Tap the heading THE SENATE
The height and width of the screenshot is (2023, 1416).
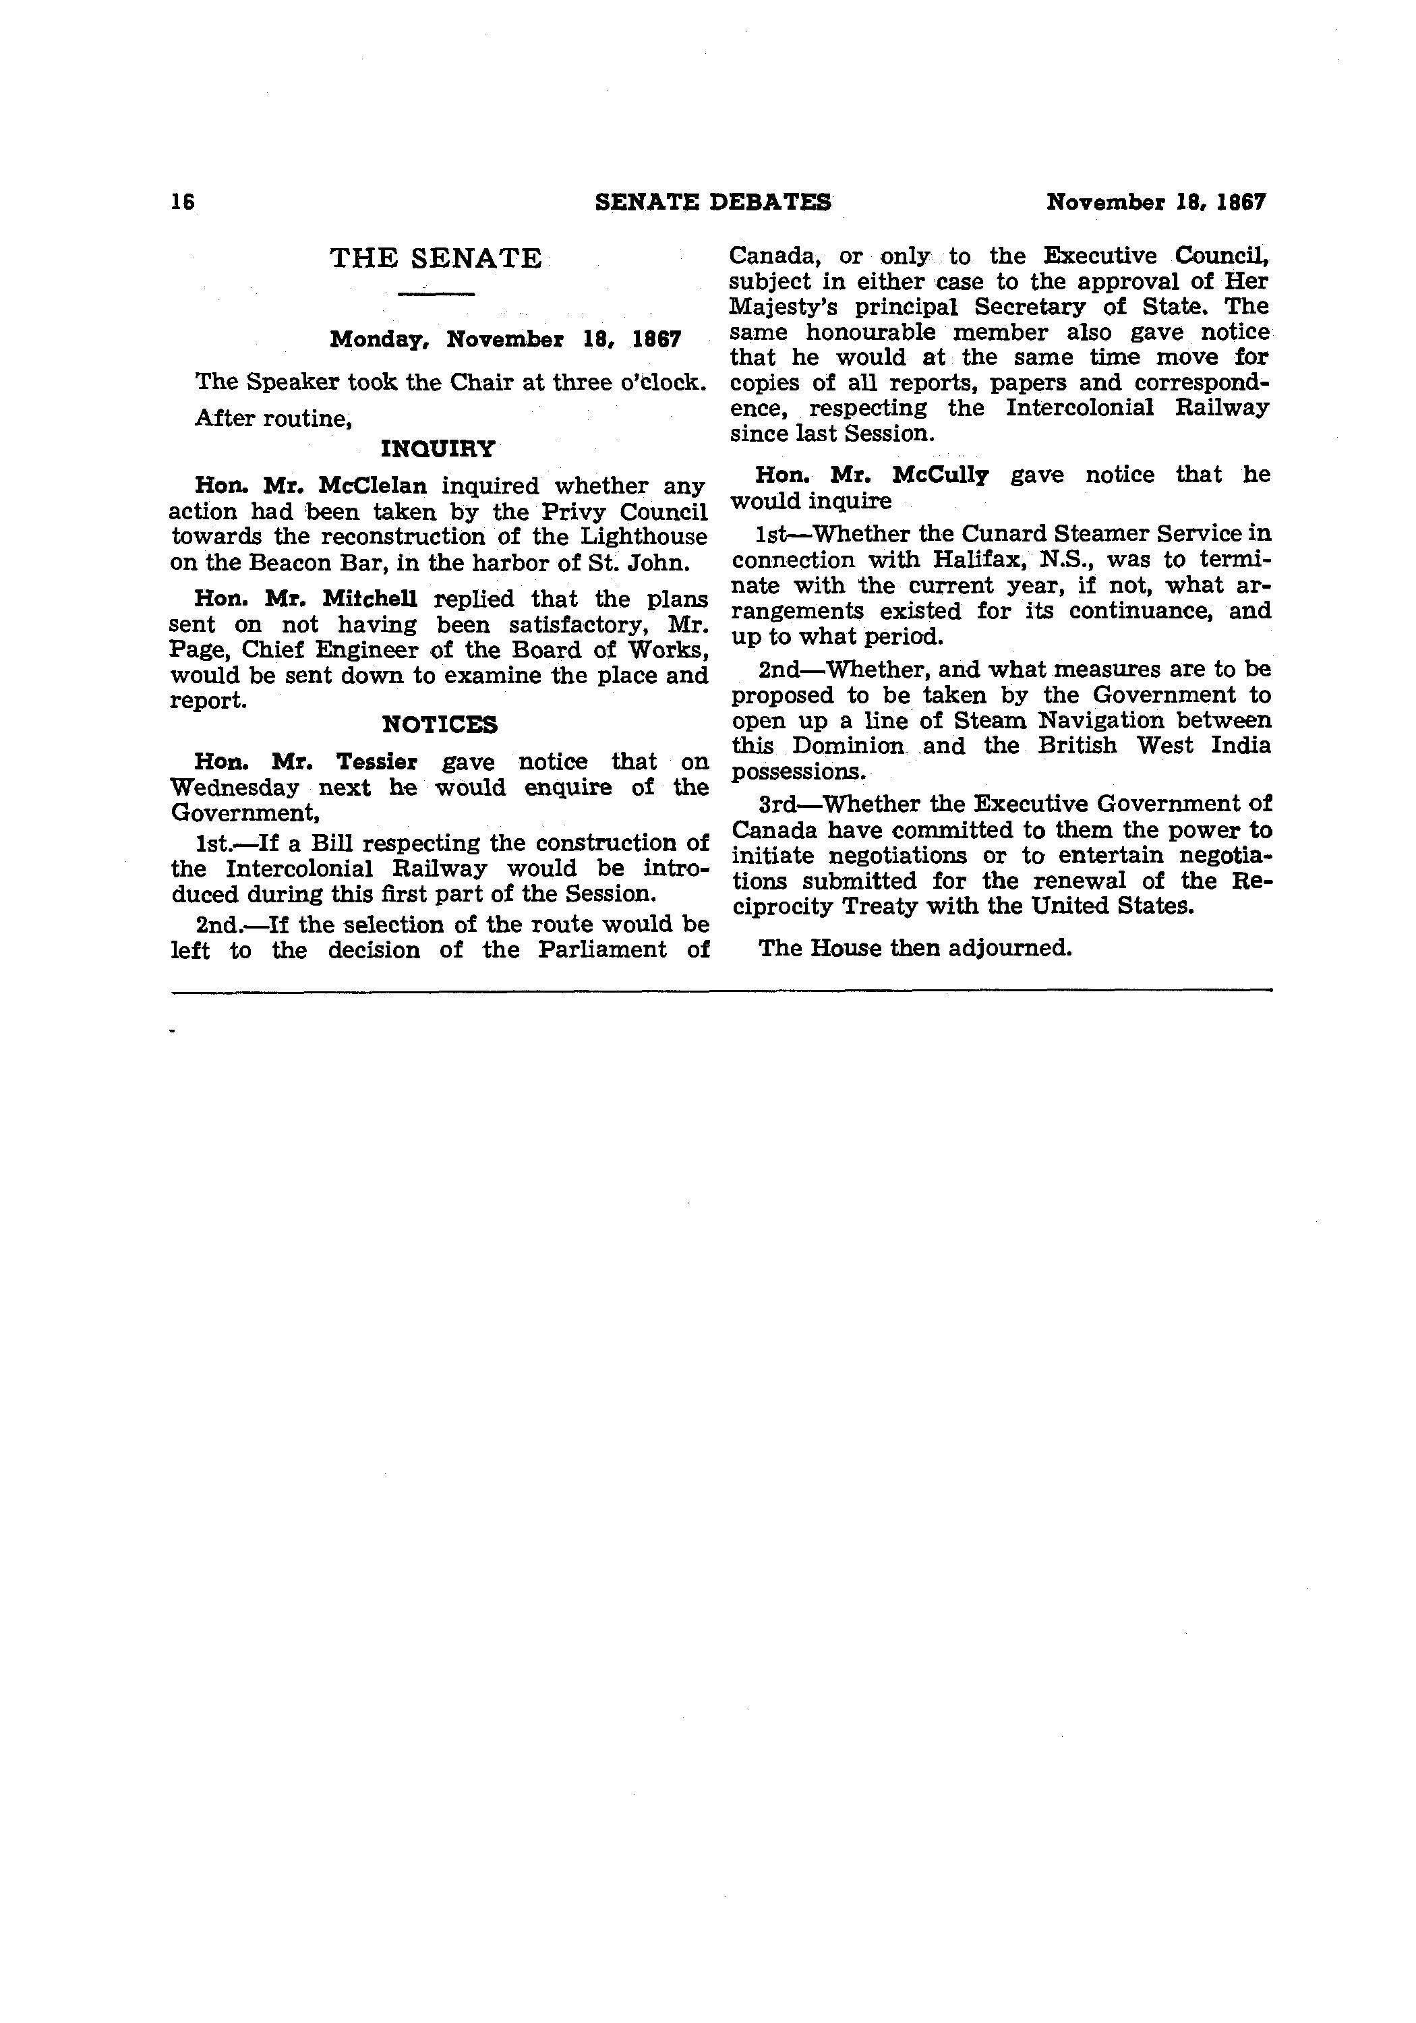[x=436, y=259]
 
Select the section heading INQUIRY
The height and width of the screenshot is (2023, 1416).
[x=438, y=449]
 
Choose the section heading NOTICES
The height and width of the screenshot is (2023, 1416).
[x=439, y=725]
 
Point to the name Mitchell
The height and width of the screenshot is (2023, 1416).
[x=370, y=599]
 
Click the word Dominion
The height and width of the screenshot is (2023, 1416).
[x=848, y=746]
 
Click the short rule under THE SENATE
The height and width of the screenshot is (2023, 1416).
[x=436, y=293]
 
